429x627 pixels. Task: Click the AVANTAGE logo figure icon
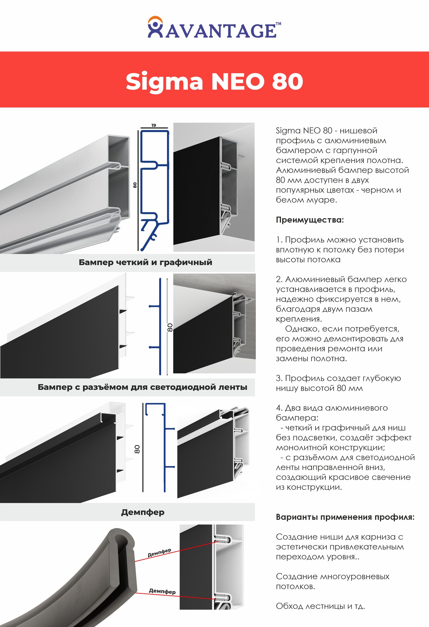(x=155, y=27)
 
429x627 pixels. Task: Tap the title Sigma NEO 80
(x=214, y=81)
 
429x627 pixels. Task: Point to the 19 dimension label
(x=153, y=125)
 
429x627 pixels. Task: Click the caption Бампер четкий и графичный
(x=145, y=262)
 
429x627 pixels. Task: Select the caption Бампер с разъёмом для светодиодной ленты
(x=142, y=387)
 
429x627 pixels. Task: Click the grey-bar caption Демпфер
(x=143, y=512)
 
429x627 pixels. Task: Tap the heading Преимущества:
(x=310, y=220)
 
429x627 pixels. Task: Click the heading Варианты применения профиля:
(x=345, y=517)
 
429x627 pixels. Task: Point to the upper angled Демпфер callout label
(x=159, y=553)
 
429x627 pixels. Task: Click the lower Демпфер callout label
(x=162, y=591)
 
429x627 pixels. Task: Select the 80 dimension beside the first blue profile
(x=135, y=185)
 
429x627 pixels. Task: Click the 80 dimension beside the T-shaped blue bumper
(x=170, y=328)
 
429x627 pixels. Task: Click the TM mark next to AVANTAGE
(x=278, y=24)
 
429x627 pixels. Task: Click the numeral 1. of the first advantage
(x=279, y=240)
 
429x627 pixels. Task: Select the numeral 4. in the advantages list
(x=279, y=408)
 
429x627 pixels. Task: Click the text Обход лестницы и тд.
(x=320, y=606)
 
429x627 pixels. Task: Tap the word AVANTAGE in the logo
(x=221, y=31)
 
